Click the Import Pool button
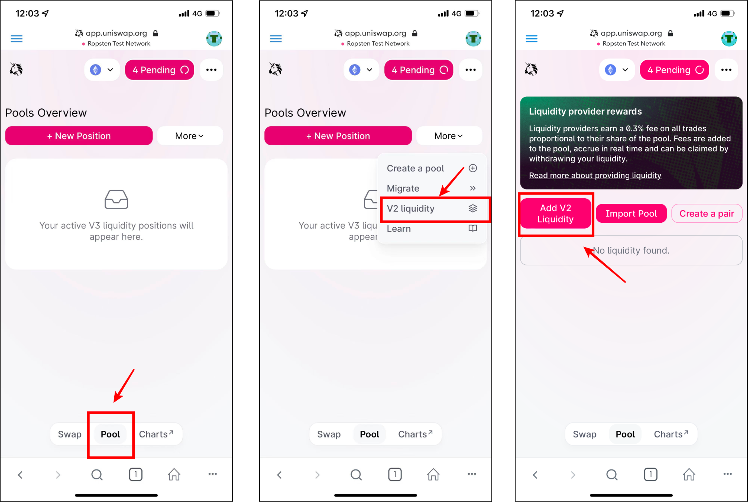pyautogui.click(x=631, y=214)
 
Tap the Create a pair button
pyautogui.click(x=707, y=214)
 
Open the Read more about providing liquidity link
pyautogui.click(x=595, y=176)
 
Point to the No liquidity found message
pyautogui.click(x=631, y=250)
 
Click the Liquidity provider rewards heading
pyautogui.click(x=585, y=111)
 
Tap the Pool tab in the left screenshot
pyautogui.click(x=110, y=434)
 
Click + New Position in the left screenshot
pyautogui.click(x=79, y=136)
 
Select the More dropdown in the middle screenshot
pyautogui.click(x=449, y=136)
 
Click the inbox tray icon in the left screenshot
pyautogui.click(x=116, y=199)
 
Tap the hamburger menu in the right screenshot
pyautogui.click(x=531, y=39)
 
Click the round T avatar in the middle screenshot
pyautogui.click(x=473, y=39)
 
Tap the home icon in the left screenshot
pyautogui.click(x=174, y=474)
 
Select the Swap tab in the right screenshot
pyautogui.click(x=584, y=434)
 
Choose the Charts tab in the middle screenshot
pyautogui.click(x=415, y=434)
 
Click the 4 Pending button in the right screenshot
pyautogui.click(x=675, y=70)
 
